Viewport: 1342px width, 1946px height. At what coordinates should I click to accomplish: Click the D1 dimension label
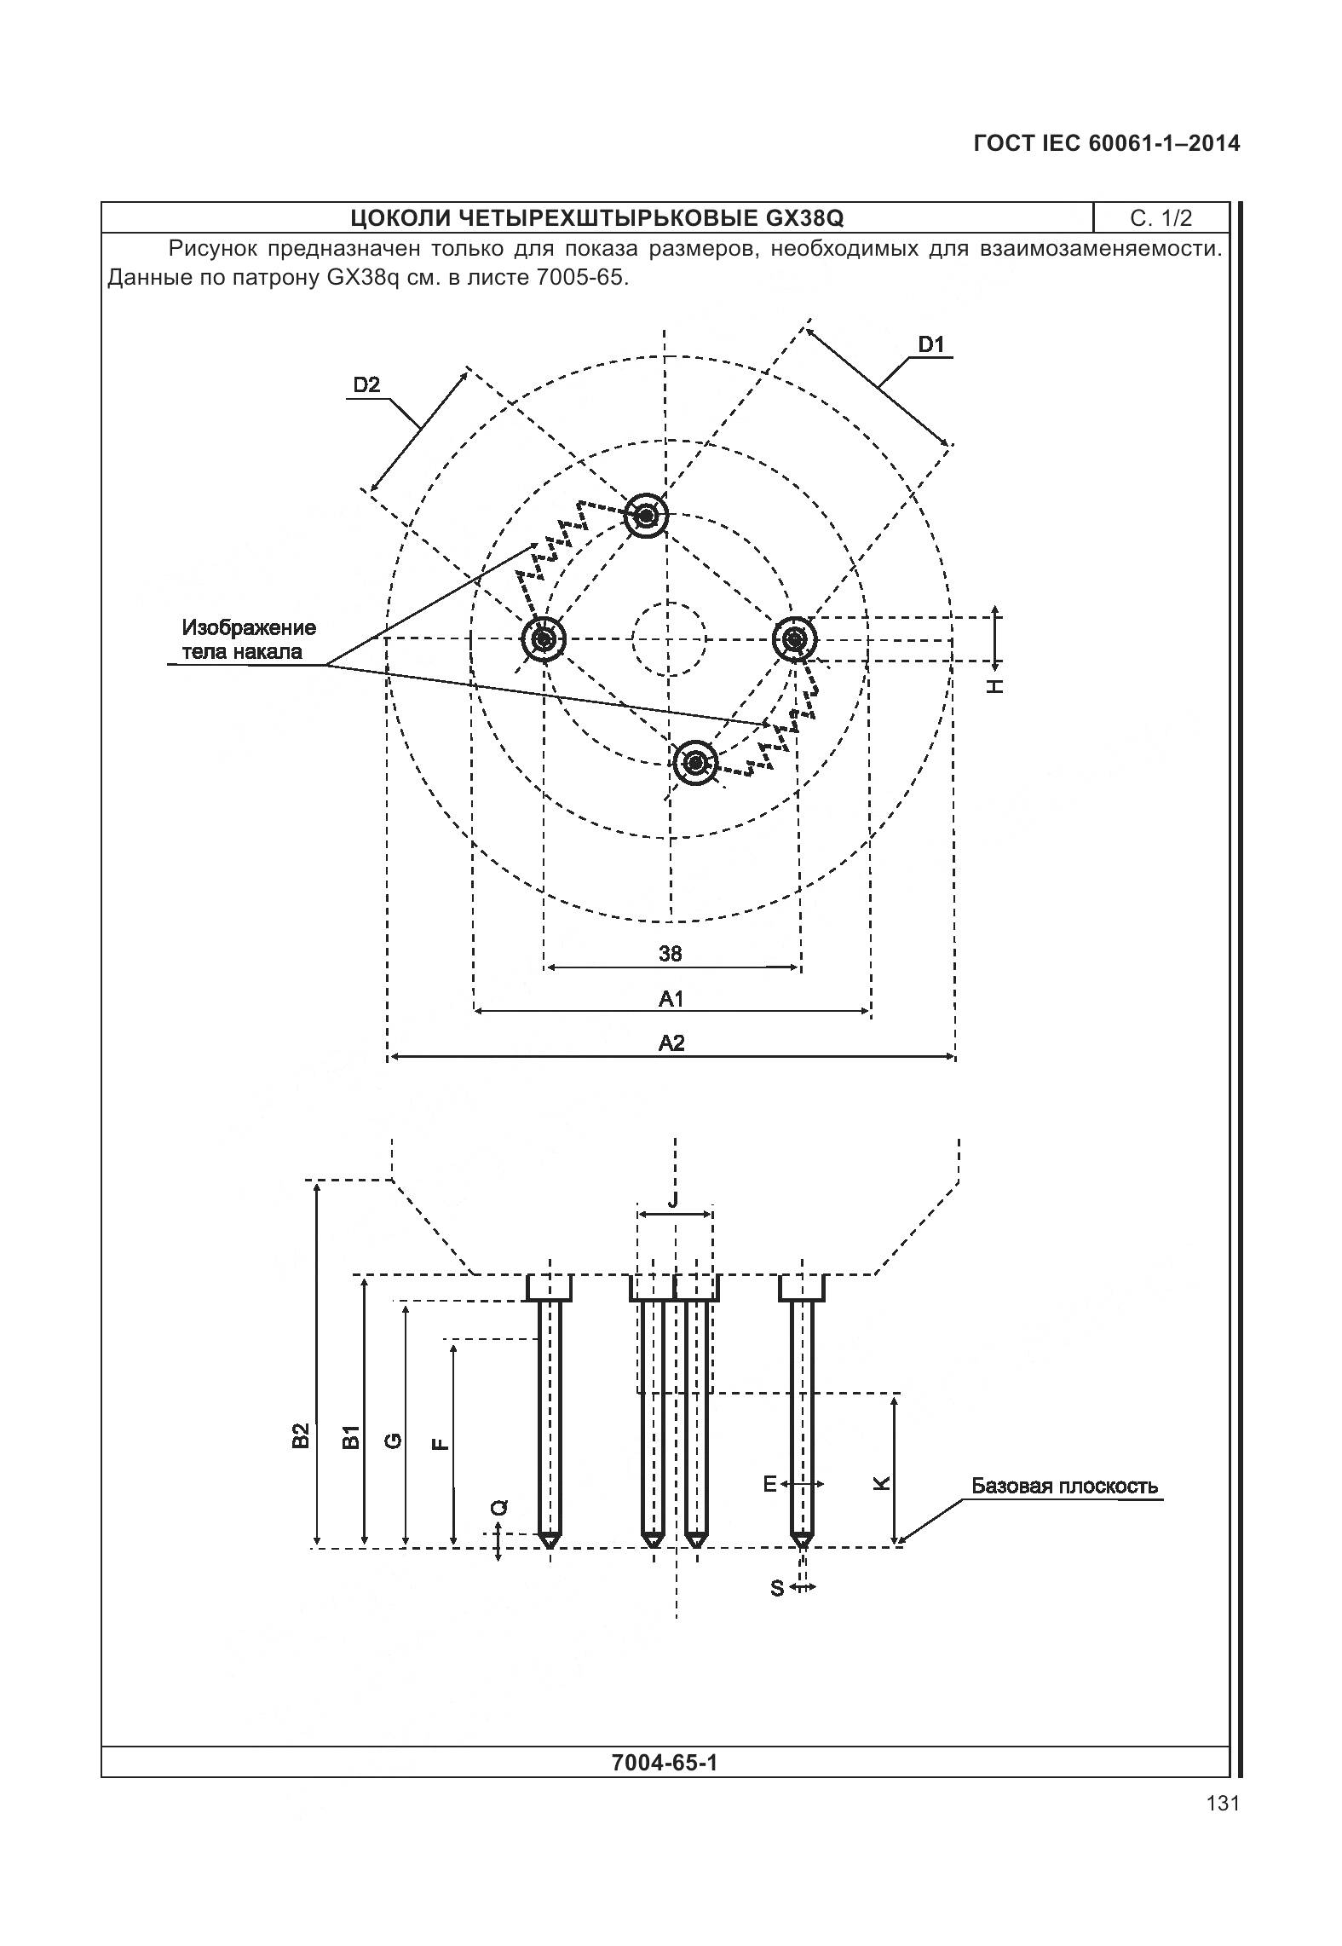(x=931, y=345)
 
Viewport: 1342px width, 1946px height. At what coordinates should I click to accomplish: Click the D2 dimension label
(x=366, y=385)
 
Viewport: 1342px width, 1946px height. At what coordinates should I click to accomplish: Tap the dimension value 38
(x=671, y=954)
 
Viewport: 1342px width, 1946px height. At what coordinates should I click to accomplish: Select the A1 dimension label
(x=671, y=998)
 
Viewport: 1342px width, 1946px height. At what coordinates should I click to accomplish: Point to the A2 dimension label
(x=671, y=1042)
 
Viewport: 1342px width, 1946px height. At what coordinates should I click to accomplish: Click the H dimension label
(x=994, y=685)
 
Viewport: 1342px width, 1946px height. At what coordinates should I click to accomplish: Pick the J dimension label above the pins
(x=673, y=1201)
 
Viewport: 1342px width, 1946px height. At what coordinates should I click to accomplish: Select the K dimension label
(x=882, y=1483)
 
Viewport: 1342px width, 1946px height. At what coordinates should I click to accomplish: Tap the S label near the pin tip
(x=777, y=1588)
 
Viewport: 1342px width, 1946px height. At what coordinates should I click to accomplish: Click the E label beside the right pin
(x=769, y=1485)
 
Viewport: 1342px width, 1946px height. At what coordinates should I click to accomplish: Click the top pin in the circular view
(x=647, y=516)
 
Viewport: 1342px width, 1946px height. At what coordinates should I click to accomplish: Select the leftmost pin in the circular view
(x=543, y=638)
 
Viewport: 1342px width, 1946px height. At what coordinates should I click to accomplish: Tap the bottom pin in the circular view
(x=694, y=762)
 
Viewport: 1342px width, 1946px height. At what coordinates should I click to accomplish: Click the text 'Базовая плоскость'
(x=1065, y=1487)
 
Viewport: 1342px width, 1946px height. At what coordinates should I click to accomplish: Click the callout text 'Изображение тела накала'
(x=249, y=640)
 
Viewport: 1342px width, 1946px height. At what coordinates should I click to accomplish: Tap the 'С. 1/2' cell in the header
(x=1161, y=218)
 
